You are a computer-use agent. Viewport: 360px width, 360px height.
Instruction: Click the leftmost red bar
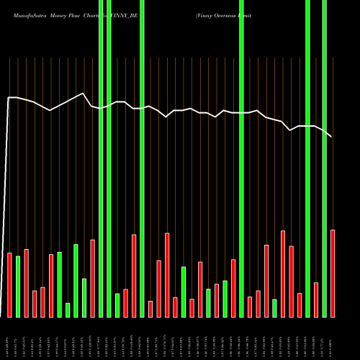pos(10,285)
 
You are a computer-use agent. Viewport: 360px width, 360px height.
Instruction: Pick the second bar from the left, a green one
pos(18,287)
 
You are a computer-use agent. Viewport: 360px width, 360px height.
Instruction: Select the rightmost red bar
pos(333,274)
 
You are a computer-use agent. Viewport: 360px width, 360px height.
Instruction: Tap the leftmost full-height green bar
pos(101,158)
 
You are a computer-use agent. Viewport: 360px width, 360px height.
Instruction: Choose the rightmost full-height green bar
pos(325,158)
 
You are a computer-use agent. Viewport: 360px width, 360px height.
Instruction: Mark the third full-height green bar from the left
pos(143,158)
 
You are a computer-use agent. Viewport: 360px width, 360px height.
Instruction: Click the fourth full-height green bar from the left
pos(241,158)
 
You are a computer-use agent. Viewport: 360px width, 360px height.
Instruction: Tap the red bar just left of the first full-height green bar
pos(93,278)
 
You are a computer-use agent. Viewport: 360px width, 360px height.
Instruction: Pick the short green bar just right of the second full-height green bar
pos(117,305)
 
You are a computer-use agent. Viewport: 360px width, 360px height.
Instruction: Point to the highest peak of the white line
pos(84,94)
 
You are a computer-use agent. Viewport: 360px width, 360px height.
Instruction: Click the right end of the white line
pos(332,137)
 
